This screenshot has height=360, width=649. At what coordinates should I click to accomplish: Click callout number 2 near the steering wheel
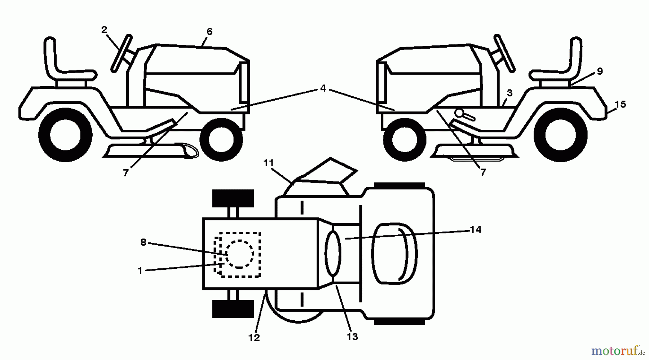point(104,30)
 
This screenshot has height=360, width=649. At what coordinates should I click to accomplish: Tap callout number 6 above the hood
point(209,32)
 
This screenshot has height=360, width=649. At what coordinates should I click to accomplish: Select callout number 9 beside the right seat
point(600,71)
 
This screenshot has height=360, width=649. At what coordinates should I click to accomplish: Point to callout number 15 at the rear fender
point(620,105)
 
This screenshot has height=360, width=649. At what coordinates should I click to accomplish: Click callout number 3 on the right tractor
point(509,93)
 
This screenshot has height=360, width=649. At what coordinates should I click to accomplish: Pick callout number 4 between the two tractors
point(323,88)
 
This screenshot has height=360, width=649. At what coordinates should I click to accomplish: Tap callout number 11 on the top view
point(268,163)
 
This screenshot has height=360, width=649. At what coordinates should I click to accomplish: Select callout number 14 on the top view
point(476,229)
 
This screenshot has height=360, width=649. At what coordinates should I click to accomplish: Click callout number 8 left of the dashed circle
point(143,242)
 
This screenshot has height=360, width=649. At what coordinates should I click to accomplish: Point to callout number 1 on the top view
point(140,271)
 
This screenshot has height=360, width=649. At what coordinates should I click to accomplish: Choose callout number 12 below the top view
point(254,338)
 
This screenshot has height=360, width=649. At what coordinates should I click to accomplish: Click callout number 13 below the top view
point(352,337)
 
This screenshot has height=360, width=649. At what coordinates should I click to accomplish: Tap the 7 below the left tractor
point(125,173)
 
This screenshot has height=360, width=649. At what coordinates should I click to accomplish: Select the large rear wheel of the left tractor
point(65,135)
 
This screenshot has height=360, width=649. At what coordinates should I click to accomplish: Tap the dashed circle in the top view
point(239,254)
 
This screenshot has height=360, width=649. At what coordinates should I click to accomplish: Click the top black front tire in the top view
point(233,198)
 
